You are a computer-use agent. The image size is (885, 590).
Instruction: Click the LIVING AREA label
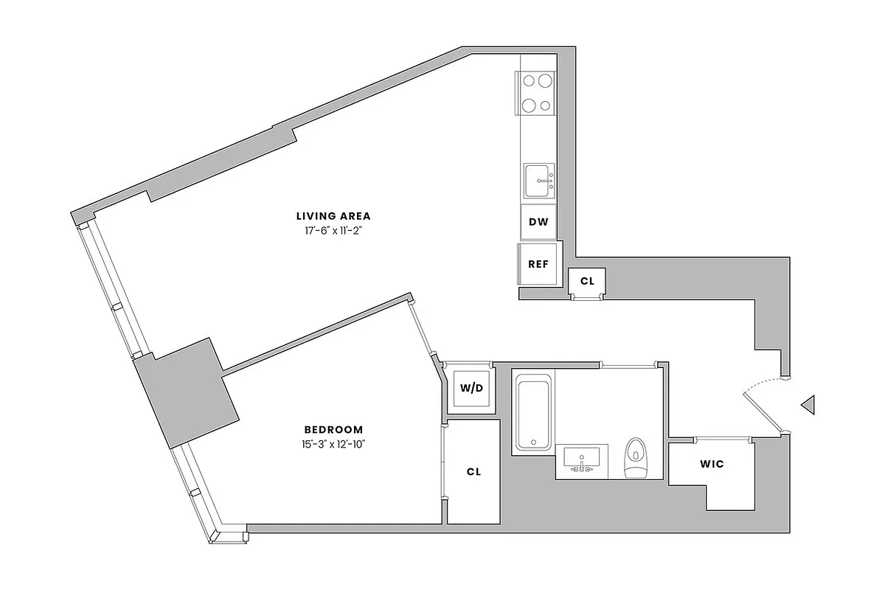[333, 216]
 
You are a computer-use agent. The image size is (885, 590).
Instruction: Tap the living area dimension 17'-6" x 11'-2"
[333, 231]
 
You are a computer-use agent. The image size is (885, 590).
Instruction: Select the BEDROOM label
[333, 429]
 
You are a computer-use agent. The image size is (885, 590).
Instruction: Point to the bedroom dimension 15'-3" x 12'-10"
[333, 444]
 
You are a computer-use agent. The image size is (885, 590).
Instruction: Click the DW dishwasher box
[538, 222]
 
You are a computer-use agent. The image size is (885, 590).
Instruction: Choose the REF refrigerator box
[538, 264]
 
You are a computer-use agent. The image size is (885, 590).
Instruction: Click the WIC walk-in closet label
[711, 464]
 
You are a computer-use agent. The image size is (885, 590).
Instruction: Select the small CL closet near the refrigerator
[587, 280]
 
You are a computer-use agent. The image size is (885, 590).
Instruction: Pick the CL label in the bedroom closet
[473, 472]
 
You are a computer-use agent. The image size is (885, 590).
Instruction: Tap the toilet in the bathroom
[635, 457]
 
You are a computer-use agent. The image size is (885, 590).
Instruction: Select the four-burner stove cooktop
[537, 94]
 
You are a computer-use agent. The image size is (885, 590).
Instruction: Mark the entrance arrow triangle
[808, 404]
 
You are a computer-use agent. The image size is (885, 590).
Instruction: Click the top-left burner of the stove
[529, 82]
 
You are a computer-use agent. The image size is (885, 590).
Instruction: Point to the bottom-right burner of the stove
[545, 105]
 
